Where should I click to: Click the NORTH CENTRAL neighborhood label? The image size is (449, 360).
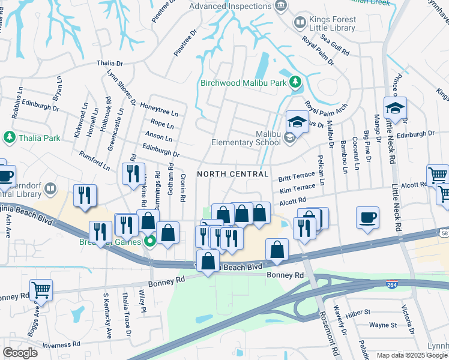[x=232, y=174]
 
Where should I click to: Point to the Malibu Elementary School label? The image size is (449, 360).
[x=246, y=138]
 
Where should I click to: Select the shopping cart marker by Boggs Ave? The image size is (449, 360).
[x=41, y=290]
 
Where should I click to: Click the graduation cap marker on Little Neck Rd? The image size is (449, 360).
[x=396, y=109]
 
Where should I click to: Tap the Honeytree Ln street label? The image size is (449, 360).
[x=159, y=109]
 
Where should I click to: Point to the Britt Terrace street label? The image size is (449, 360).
[x=297, y=178]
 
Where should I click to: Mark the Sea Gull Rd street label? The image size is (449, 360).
[x=334, y=45]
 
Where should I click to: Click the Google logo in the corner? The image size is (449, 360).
[x=20, y=353]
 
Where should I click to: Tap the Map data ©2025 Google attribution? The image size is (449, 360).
[x=412, y=355]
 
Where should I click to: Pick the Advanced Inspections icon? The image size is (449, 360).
[x=280, y=6]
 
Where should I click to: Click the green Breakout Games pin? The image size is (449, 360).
[x=151, y=242]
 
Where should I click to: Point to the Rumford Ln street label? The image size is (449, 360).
[x=95, y=160]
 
